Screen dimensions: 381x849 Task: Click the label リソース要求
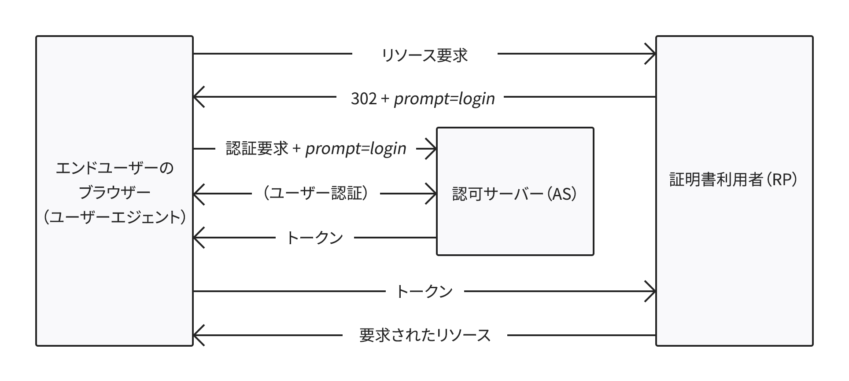(x=424, y=55)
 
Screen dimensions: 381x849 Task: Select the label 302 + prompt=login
(x=422, y=99)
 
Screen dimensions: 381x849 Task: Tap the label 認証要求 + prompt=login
(x=316, y=149)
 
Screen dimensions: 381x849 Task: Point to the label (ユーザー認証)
(x=316, y=194)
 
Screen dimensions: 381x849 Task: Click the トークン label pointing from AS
(x=314, y=238)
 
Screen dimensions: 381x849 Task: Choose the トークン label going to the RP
(x=424, y=291)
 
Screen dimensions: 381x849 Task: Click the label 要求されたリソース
(x=424, y=335)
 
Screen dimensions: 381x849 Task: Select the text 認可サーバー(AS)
(x=515, y=194)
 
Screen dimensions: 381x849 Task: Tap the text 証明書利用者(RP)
(x=734, y=180)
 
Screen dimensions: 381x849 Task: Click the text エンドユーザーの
(x=114, y=168)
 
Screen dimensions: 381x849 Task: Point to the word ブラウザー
(x=114, y=193)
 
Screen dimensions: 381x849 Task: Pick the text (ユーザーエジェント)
(x=114, y=217)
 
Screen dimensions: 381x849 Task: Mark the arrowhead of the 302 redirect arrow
(x=197, y=97)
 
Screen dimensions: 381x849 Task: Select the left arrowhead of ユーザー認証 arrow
(x=197, y=194)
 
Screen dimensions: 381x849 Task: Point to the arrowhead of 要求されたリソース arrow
(x=197, y=335)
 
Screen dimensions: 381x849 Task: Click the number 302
(x=364, y=99)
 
